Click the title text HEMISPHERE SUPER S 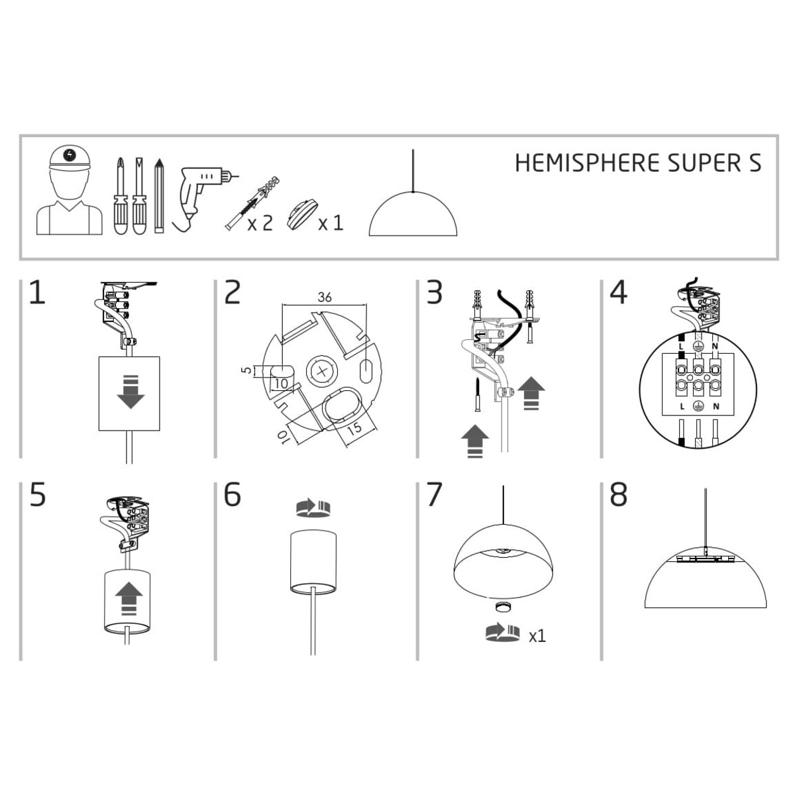point(637,163)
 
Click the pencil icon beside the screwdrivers point(158,195)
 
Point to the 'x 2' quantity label point(260,223)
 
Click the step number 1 point(37,293)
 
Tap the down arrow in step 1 point(130,391)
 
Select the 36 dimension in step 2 point(324,297)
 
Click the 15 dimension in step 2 point(354,428)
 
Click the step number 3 point(434,293)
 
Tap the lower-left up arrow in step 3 point(474,441)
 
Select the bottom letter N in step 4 point(715,406)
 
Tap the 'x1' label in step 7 point(537,636)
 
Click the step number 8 point(617,495)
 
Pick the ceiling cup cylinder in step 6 point(313,560)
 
